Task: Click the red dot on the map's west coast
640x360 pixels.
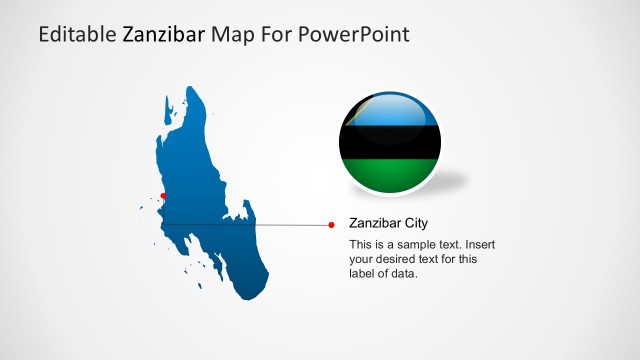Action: coord(164,196)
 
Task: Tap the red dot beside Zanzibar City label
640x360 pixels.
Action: coord(332,225)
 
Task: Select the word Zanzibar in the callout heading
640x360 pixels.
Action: coord(374,223)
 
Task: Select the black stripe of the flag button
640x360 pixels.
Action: coord(390,142)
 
